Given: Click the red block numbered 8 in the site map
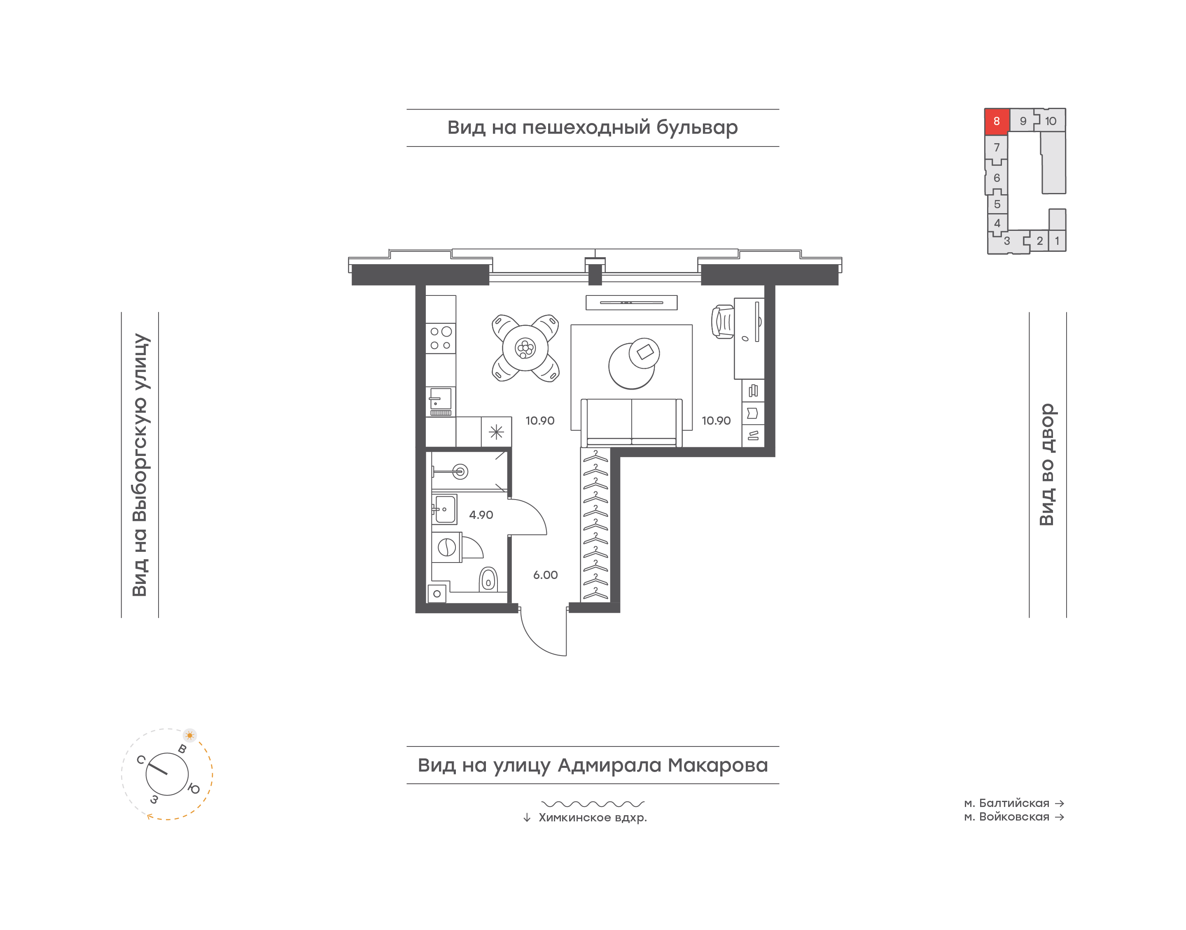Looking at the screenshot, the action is tap(997, 121).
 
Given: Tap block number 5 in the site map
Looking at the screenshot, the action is tap(997, 204).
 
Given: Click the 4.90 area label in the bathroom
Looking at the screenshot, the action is tap(481, 514).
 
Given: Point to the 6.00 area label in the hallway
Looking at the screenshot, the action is tap(545, 574).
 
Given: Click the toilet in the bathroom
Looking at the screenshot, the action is tap(488, 579).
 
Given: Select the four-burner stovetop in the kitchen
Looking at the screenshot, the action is tap(441, 338).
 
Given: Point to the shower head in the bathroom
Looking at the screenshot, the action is tap(460, 472).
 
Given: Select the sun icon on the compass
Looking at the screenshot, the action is tap(189, 735).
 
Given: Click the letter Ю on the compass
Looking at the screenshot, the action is tap(194, 788).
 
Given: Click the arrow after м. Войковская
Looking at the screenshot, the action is tap(1060, 817).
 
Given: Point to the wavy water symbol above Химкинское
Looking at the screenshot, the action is tap(593, 804).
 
